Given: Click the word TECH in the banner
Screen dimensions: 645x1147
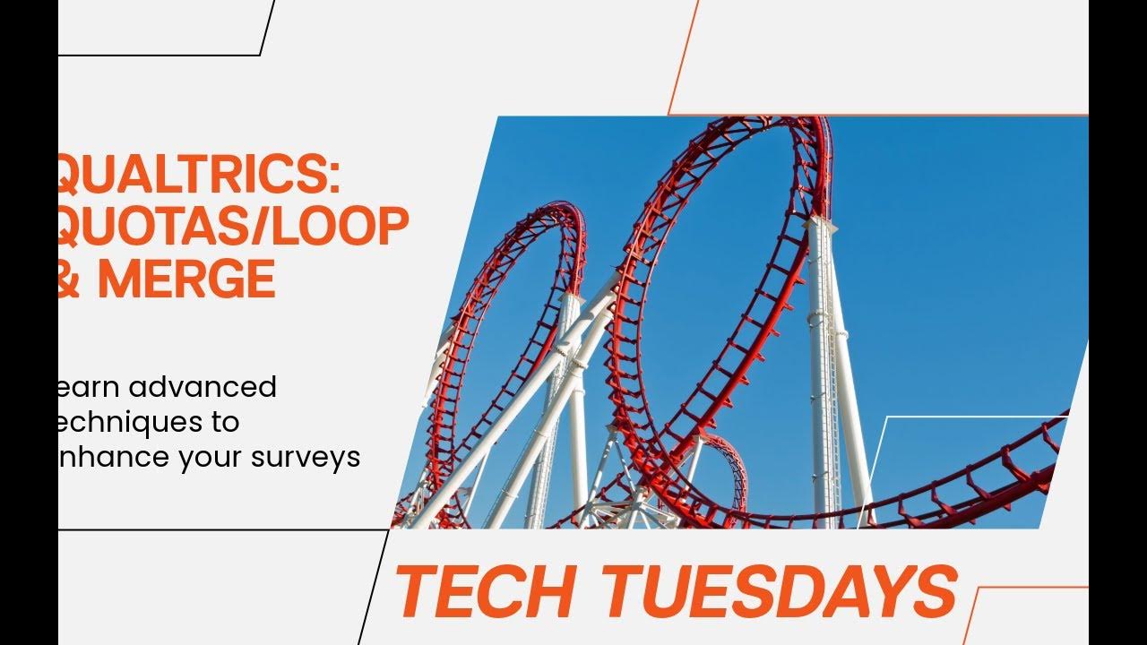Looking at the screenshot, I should pyautogui.click(x=485, y=592).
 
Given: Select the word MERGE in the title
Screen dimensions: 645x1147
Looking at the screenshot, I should pyautogui.click(x=185, y=279).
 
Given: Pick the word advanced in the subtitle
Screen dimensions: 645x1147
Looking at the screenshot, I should pyautogui.click(x=203, y=387).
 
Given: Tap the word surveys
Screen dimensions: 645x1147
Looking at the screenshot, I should pyautogui.click(x=307, y=458).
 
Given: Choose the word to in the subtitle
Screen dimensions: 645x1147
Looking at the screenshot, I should pyautogui.click(x=227, y=422).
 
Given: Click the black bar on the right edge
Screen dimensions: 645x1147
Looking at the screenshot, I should pyautogui.click(x=1117, y=322).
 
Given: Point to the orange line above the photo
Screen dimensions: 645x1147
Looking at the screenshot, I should pyautogui.click(x=878, y=115).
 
